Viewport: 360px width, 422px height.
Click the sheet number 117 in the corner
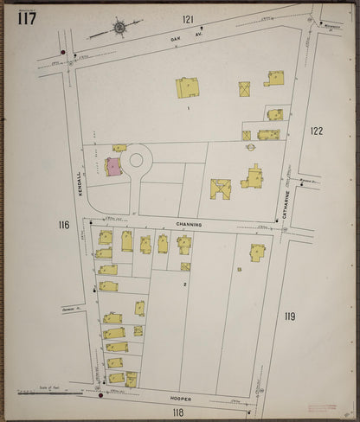[x=25, y=18]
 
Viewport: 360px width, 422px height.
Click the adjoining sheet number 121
[x=188, y=18]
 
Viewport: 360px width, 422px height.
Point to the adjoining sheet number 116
[x=63, y=225]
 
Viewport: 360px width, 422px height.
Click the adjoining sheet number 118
[x=178, y=412]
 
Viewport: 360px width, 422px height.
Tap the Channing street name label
[x=189, y=224]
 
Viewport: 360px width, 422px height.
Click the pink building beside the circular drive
[x=113, y=167]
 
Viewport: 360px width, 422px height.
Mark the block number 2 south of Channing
[x=184, y=284]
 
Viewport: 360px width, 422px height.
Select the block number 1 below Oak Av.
[x=186, y=108]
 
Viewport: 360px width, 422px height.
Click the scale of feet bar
[x=52, y=394]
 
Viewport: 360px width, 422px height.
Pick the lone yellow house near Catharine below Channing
[x=257, y=253]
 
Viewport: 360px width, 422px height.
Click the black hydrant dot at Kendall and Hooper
[x=100, y=397]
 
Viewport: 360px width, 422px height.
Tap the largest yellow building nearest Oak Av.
[x=187, y=87]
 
